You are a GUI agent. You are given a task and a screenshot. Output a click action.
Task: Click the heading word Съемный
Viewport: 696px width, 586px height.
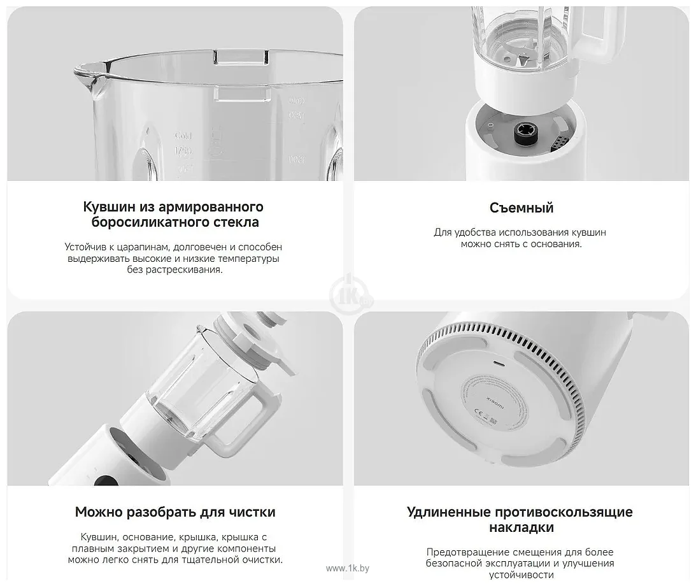[522, 208]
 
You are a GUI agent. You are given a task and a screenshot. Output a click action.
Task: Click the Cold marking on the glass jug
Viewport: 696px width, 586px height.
[183, 136]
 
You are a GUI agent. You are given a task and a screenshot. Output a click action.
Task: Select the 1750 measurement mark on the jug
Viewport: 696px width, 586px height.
[184, 152]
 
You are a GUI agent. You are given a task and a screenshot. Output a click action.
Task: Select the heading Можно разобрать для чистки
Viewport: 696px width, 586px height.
[175, 512]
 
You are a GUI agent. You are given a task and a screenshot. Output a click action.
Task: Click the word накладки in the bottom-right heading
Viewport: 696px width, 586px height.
[521, 527]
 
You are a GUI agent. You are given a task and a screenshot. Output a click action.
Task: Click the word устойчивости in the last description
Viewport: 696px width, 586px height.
[521, 575]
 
